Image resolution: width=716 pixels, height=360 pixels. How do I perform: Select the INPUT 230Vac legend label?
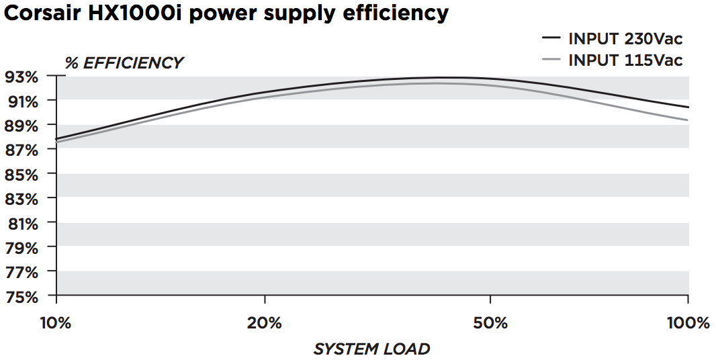point(625,38)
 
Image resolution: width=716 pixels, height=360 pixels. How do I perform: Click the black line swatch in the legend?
point(551,38)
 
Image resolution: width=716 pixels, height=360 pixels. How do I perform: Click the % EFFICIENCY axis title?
point(124,63)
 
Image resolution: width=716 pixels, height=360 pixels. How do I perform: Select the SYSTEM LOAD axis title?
point(371,349)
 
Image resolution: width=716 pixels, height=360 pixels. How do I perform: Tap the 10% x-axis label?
point(56,323)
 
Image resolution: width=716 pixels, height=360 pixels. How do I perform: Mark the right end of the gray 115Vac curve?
point(688,120)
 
